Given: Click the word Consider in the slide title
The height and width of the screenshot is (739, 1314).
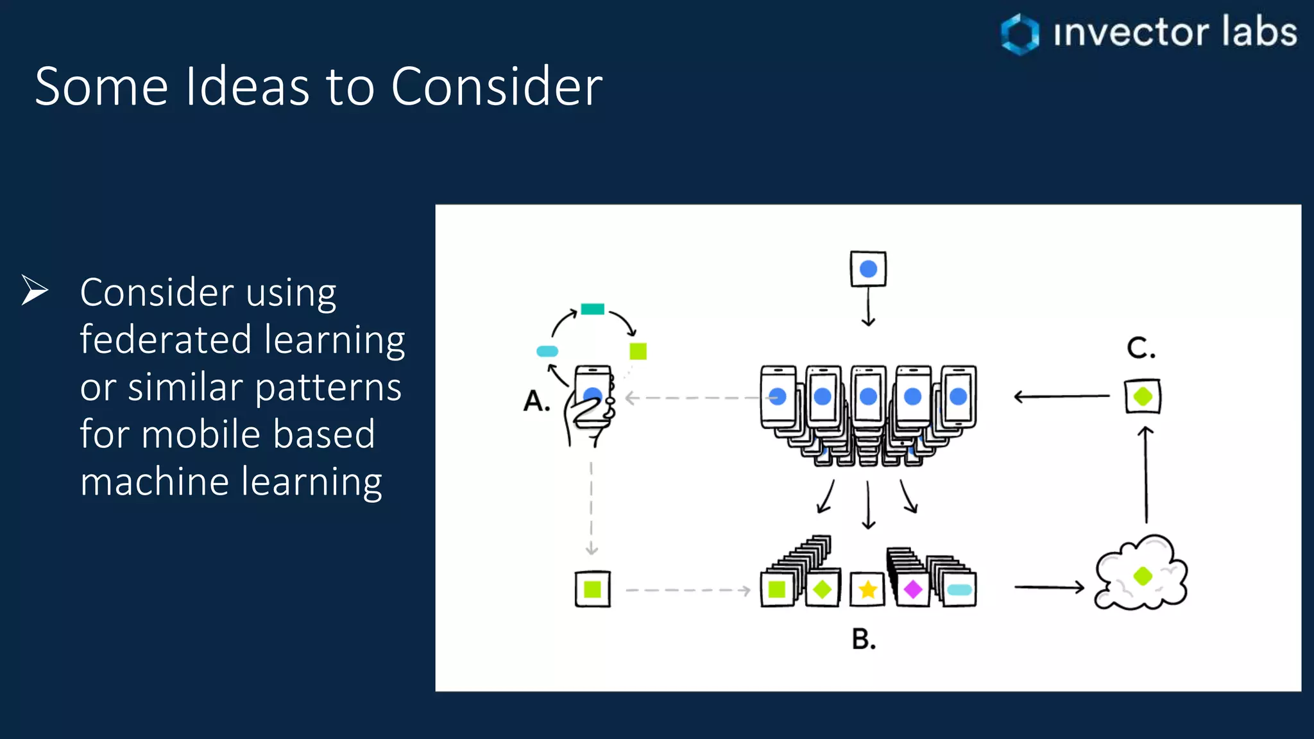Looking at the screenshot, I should (x=496, y=87).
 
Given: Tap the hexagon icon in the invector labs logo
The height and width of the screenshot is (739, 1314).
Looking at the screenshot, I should (x=1020, y=33).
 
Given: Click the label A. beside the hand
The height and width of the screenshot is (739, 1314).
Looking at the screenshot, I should (x=537, y=402).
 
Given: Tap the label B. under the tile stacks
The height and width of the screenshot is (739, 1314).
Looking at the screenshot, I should (x=864, y=640).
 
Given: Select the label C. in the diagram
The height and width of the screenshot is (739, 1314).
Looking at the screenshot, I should (x=1141, y=348).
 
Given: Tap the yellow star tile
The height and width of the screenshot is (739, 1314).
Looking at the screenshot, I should (x=867, y=589).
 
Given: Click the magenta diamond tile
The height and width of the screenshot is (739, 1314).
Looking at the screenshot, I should (x=912, y=589).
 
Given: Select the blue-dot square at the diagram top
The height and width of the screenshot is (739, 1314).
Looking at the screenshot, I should (x=868, y=269).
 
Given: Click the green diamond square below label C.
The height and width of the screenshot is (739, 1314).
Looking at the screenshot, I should (x=1143, y=396).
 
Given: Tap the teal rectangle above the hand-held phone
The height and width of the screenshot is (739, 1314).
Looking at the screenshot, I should (x=592, y=309).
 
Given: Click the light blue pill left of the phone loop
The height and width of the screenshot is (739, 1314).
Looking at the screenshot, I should (x=547, y=351).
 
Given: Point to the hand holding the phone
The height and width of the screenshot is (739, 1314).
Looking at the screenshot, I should (x=585, y=417).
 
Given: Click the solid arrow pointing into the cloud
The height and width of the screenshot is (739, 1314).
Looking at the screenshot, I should (x=1049, y=586).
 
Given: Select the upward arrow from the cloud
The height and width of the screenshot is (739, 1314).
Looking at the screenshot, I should (x=1146, y=475).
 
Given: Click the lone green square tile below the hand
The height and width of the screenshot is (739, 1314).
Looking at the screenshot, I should (x=592, y=589).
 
